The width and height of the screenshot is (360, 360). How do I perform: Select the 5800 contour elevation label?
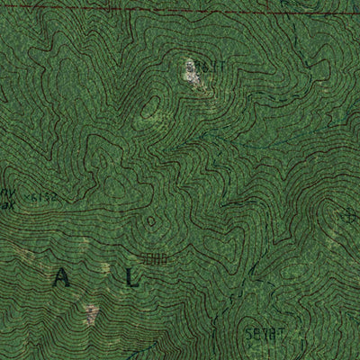coord(154,258)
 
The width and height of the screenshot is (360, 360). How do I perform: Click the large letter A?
coord(61,278)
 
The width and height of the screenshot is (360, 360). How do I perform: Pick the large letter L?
coord(133,278)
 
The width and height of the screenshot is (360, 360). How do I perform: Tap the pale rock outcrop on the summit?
coord(192,77)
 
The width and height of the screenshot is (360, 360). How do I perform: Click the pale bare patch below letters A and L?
coord(92,314)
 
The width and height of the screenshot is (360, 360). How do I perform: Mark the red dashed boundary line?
coord(180,11)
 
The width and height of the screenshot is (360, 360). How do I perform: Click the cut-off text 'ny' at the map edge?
coord(7,192)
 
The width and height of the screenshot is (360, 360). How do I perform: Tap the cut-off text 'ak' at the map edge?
coord(7,202)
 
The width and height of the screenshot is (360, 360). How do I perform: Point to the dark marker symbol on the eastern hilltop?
coord(350,216)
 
